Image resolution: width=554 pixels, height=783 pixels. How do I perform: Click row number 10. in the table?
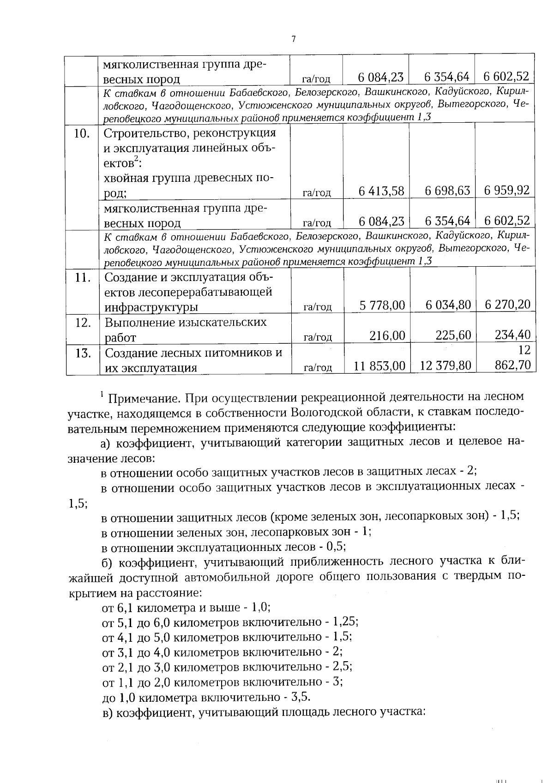[82, 134]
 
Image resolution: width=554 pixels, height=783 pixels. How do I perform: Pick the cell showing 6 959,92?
[506, 190]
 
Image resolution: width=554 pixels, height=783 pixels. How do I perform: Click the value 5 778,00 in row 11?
[382, 305]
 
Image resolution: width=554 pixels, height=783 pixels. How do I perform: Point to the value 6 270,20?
[507, 305]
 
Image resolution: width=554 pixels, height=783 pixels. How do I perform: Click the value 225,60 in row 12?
[453, 335]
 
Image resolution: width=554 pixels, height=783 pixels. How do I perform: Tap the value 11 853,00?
[379, 366]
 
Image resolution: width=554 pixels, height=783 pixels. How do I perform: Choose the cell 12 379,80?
[446, 366]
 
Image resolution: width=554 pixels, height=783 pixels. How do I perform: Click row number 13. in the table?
[83, 353]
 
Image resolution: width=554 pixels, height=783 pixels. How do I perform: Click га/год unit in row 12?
[318, 337]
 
